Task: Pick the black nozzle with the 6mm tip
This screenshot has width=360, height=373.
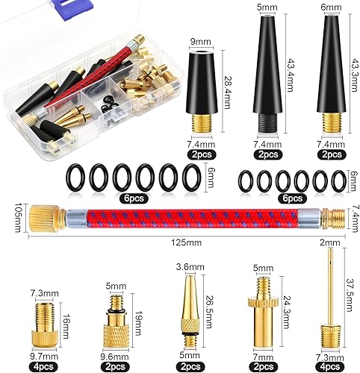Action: point(326,82)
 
